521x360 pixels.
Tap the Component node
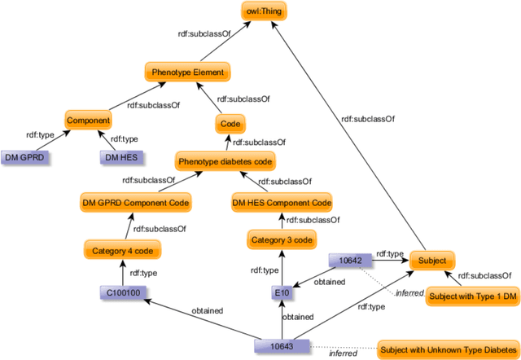pos(88,121)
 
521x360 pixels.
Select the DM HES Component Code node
pos(282,202)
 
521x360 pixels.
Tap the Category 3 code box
pos(281,239)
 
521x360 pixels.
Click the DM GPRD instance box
pos(24,156)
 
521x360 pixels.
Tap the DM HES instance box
pos(120,156)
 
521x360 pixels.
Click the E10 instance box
pos(281,291)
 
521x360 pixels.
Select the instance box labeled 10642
pos(350,261)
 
